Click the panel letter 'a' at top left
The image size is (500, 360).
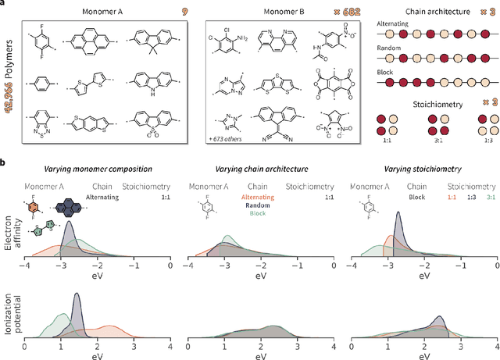pyautogui.click(x=4, y=5)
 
